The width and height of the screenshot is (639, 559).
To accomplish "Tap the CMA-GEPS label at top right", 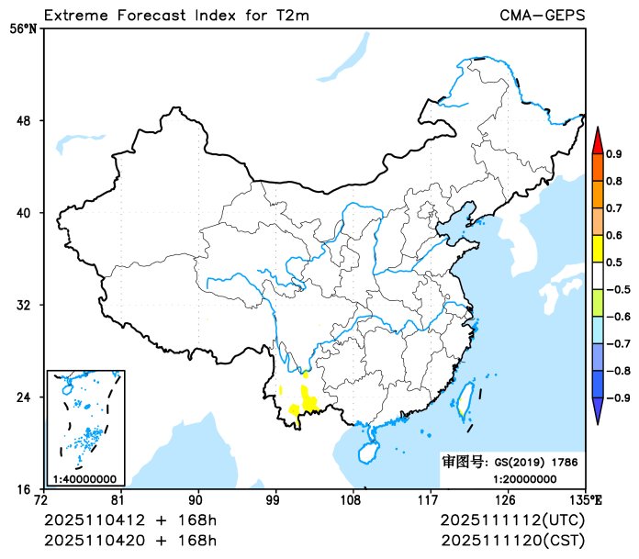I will (x=543, y=15).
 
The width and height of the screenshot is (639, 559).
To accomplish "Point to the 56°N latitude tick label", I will (x=24, y=29).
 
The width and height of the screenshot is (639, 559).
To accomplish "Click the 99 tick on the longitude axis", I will (x=273, y=501).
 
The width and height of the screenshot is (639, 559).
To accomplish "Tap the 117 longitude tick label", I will (x=428, y=501).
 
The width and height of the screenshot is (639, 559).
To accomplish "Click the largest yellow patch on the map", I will (x=309, y=402).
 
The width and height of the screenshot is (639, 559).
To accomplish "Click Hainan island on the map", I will (x=366, y=452).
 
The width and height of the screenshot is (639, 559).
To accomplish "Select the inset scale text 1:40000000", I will (x=84, y=478).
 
